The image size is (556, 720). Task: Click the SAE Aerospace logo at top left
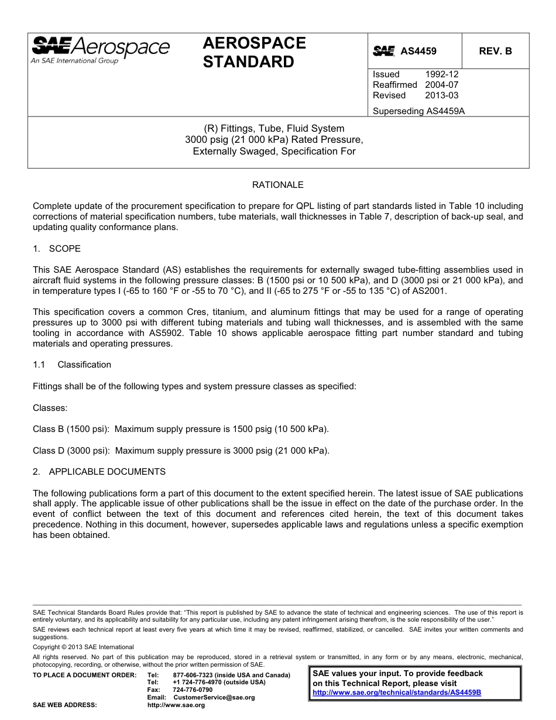click(100, 50)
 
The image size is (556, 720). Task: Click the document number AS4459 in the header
click(418, 52)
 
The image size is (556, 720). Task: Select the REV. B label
click(495, 51)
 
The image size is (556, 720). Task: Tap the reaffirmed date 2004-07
click(441, 85)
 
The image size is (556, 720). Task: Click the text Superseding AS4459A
click(418, 111)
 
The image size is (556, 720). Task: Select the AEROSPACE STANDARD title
click(254, 52)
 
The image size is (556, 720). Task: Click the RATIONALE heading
click(277, 185)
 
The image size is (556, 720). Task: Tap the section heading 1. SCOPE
click(57, 249)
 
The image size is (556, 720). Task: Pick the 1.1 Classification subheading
click(72, 365)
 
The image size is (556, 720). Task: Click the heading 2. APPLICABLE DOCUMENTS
click(99, 472)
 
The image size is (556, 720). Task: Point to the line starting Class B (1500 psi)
click(180, 429)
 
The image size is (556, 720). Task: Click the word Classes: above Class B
click(50, 407)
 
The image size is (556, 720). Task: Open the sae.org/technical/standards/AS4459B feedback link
click(397, 692)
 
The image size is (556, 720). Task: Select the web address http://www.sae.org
click(176, 705)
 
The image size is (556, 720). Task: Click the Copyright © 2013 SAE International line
click(83, 647)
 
